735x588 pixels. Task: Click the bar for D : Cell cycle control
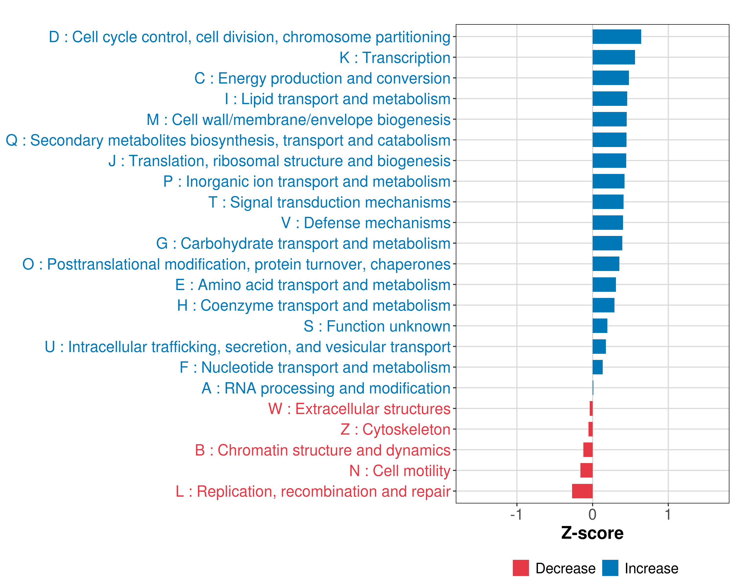616,37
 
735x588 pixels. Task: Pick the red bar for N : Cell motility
586,470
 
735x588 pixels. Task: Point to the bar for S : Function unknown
600,326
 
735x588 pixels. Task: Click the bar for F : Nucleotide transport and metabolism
597,367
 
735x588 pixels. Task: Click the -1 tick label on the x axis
516,514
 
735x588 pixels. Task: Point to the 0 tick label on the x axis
592,514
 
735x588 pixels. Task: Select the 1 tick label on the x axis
668,514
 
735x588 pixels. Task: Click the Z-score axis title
592,533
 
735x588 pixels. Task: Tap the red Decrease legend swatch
521,568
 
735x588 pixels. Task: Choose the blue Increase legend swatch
610,568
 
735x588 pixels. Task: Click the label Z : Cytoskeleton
395,429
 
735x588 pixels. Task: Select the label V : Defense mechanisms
366,223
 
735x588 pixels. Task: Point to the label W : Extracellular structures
359,409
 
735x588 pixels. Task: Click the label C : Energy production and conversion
322,78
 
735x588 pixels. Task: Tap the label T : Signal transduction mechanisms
329,202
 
